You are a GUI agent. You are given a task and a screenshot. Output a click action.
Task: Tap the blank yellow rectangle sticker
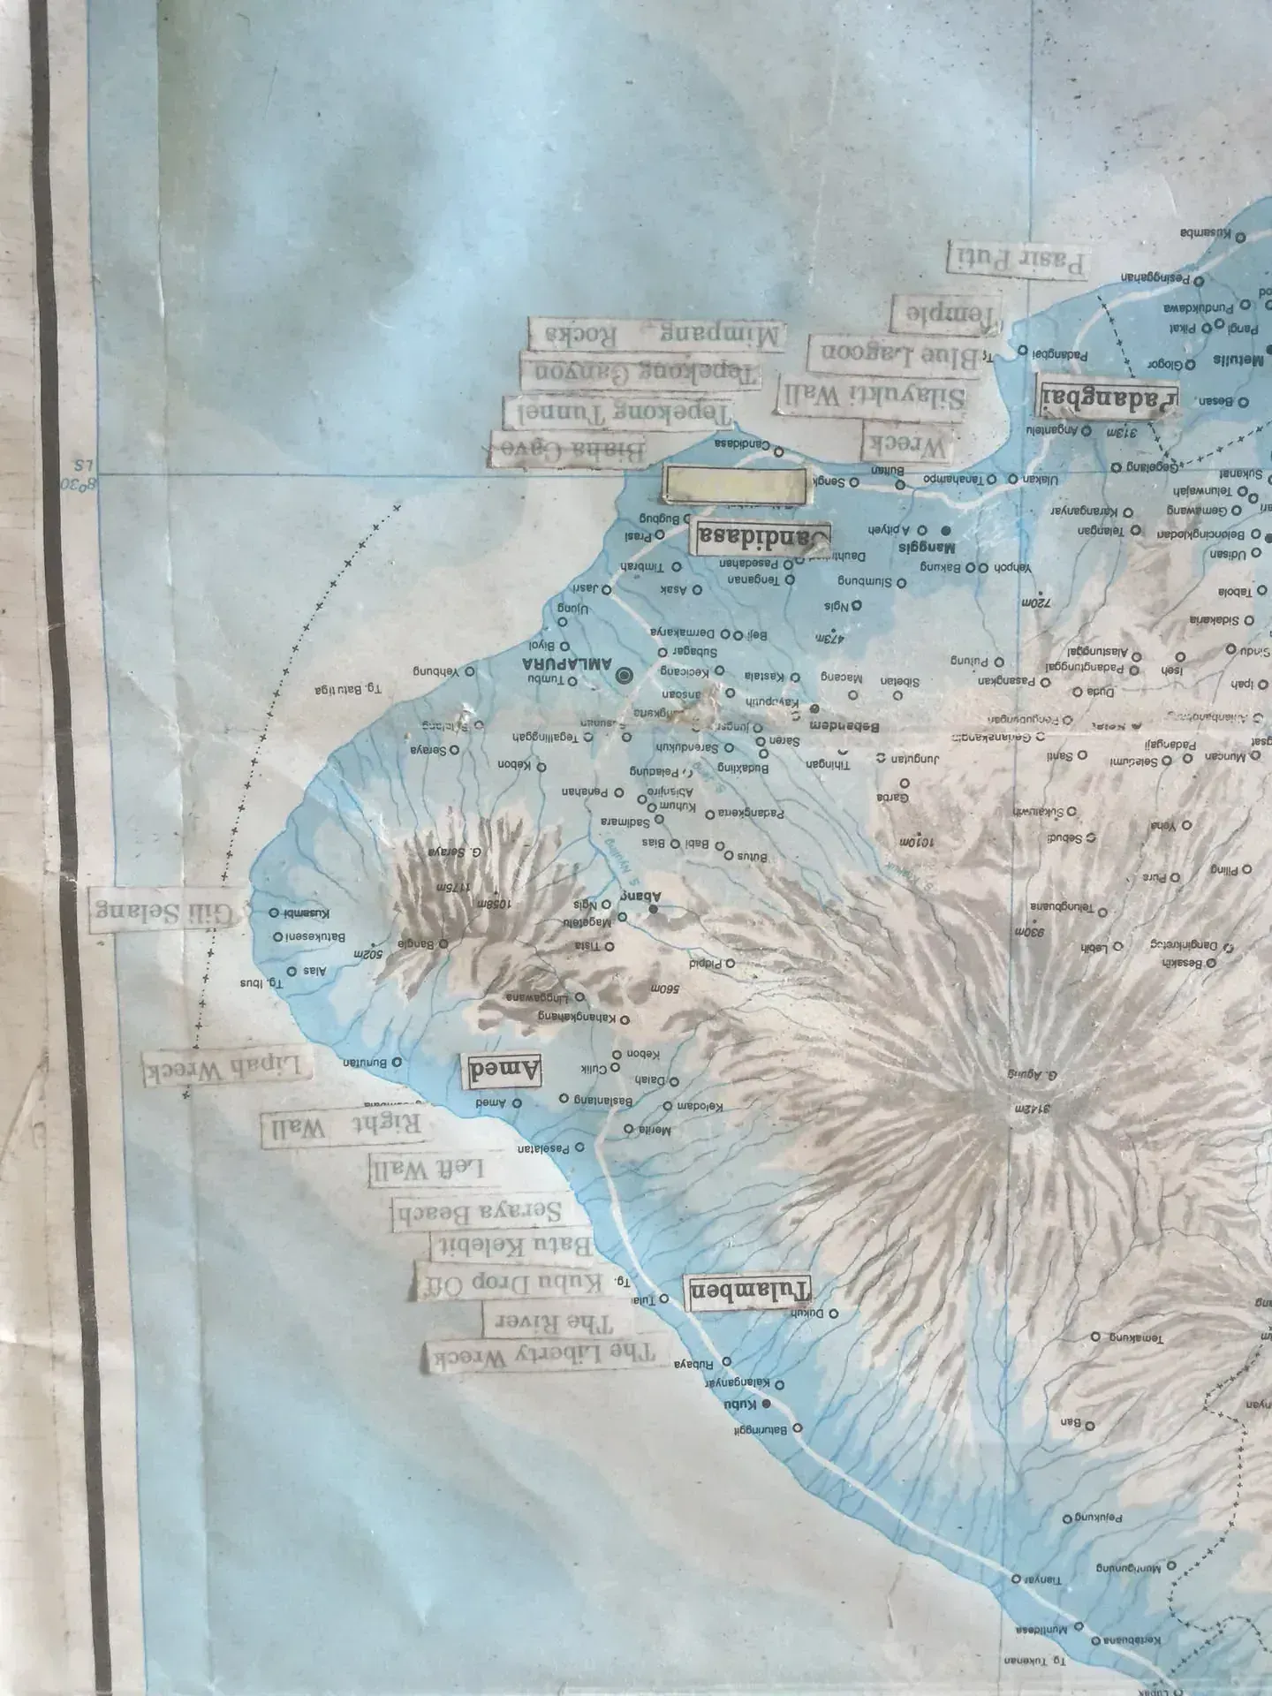734,486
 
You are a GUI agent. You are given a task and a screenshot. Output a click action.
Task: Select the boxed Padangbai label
1109,398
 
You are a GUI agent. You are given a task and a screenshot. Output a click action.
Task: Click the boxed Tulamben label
747,1292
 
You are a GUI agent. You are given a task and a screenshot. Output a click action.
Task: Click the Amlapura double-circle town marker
626,677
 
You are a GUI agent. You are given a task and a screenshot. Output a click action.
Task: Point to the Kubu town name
742,1404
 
